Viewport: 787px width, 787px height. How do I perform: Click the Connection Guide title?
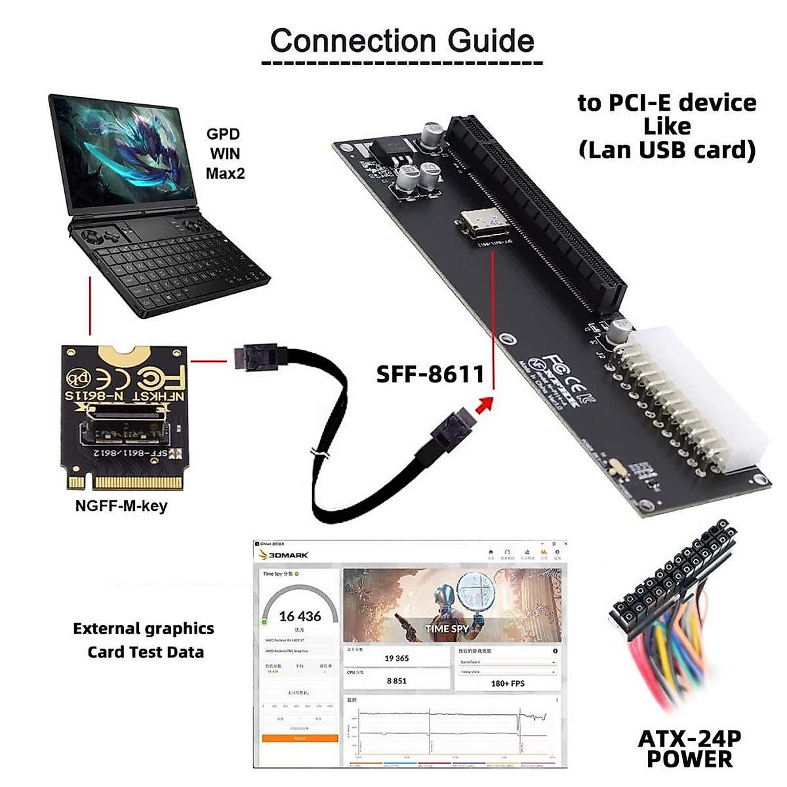[x=402, y=41]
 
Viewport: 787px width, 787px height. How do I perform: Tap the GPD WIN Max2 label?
[x=224, y=153]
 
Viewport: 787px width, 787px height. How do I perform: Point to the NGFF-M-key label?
[x=121, y=506]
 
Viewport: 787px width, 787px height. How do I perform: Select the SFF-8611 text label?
[x=430, y=374]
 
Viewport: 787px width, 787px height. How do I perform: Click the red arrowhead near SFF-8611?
[x=484, y=404]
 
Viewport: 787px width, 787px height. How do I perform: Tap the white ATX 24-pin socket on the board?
[x=695, y=400]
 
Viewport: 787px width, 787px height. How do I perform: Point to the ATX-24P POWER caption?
[x=689, y=748]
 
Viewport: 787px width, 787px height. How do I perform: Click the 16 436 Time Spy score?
[x=300, y=616]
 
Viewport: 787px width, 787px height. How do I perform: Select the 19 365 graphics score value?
[x=397, y=658]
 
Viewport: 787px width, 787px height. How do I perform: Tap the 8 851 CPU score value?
[x=397, y=681]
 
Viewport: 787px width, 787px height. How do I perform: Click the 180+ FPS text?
[x=508, y=683]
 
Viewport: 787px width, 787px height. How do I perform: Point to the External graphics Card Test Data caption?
[x=144, y=640]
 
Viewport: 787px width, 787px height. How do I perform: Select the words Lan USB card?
[x=667, y=150]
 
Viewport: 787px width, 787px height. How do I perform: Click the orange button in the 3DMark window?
[x=300, y=738]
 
